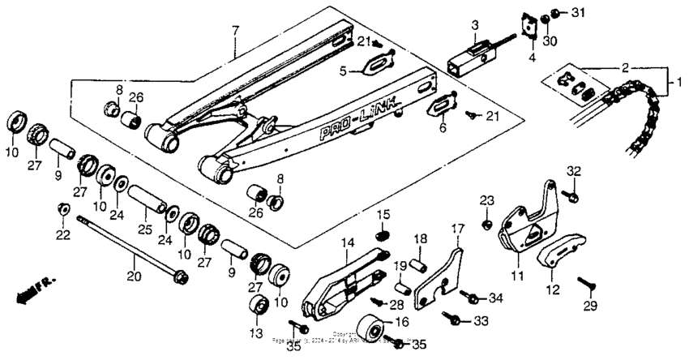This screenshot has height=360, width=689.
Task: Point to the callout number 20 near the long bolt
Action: click(134, 276)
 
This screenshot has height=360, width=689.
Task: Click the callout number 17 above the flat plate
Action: click(457, 229)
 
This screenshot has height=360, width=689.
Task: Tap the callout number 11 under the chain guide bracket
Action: click(516, 275)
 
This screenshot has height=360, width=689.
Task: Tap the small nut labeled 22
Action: click(62, 211)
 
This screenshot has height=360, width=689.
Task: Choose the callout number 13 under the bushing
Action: click(259, 332)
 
